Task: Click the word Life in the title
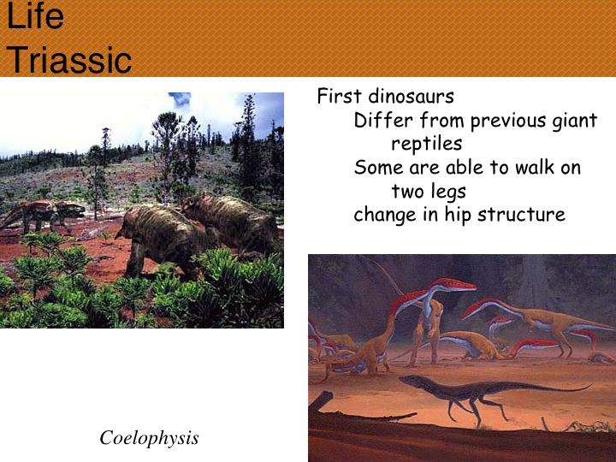click(x=35, y=15)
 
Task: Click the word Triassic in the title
click(x=69, y=60)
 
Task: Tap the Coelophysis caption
click(x=149, y=438)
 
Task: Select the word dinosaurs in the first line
click(x=411, y=96)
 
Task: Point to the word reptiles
click(x=427, y=144)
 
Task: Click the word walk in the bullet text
click(x=533, y=168)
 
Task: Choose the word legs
click(x=447, y=192)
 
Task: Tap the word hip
click(x=458, y=215)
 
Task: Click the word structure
click(x=521, y=215)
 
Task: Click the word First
click(x=339, y=96)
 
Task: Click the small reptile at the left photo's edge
click(x=43, y=214)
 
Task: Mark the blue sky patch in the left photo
click(x=180, y=98)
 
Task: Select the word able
click(x=465, y=168)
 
